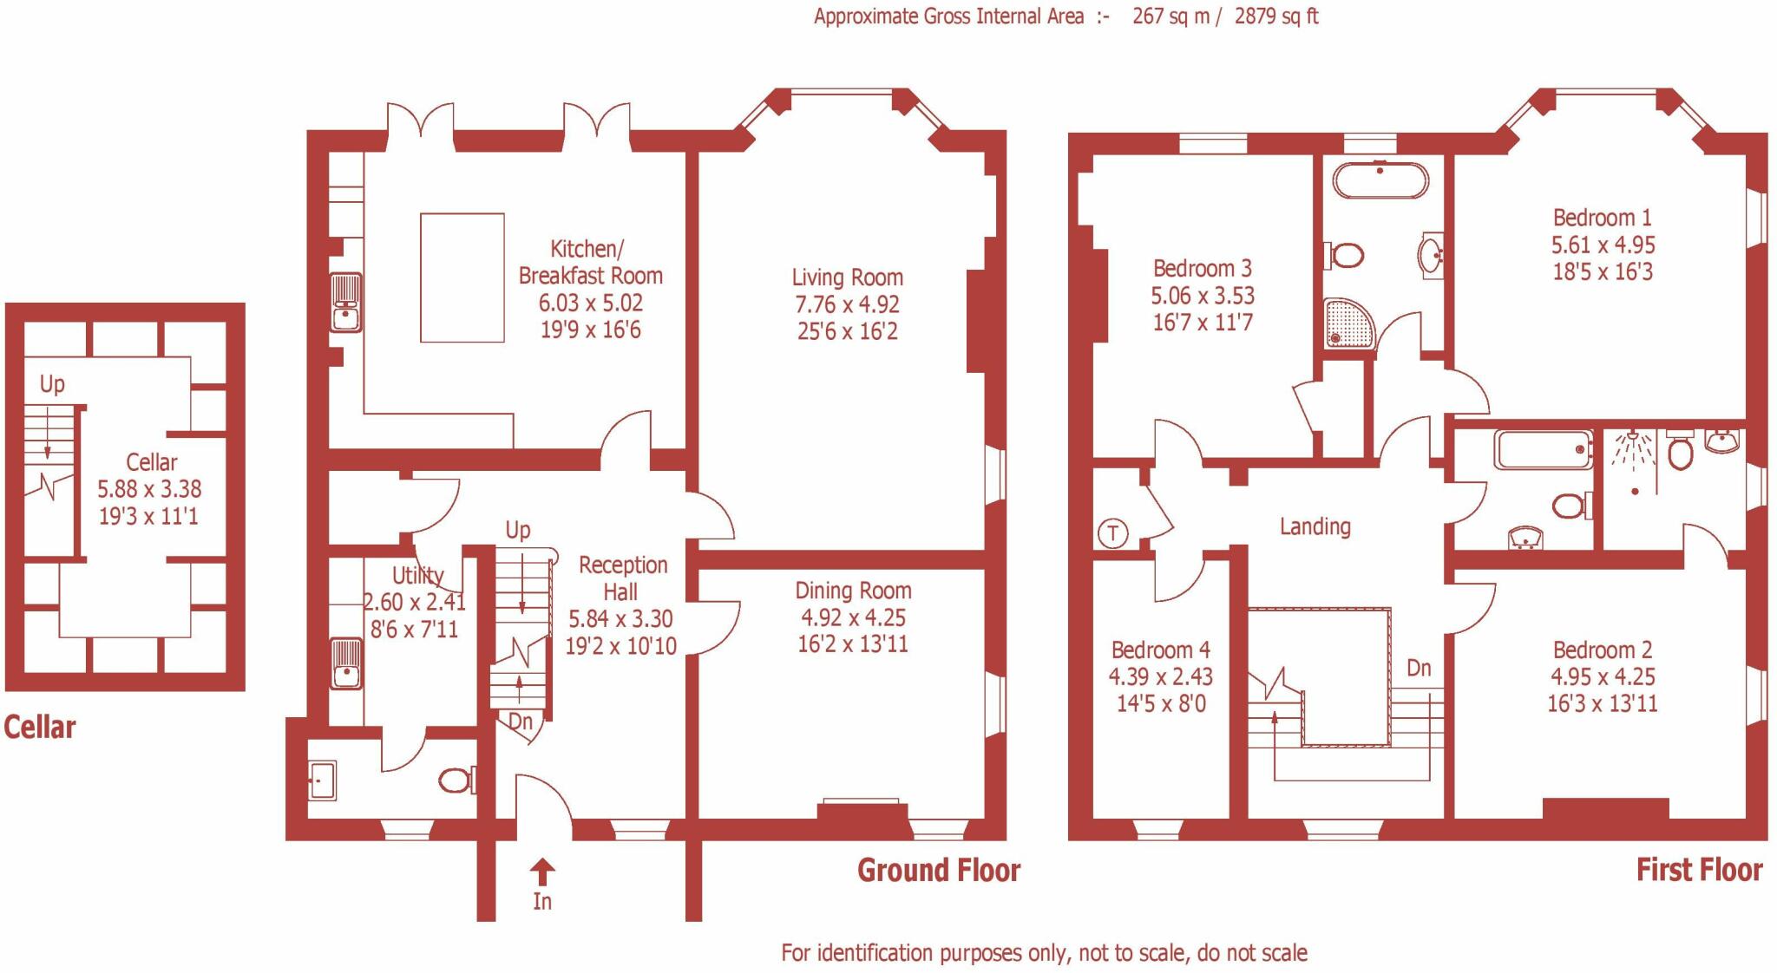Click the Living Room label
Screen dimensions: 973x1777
point(847,278)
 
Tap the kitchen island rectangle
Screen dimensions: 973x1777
point(462,278)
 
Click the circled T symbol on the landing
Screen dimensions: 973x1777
point(1113,532)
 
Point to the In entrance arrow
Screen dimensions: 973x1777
point(542,872)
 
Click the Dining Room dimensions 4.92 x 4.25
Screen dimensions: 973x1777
point(853,617)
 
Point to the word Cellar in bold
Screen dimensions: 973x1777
point(40,727)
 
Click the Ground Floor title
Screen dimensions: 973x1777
point(938,870)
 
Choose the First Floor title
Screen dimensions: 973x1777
point(1698,870)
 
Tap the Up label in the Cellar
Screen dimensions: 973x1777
point(52,384)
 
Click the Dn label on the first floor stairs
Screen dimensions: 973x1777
point(1419,668)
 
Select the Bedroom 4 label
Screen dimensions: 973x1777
point(1160,650)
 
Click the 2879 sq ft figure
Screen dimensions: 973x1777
point(1275,16)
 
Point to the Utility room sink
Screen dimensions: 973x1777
point(346,664)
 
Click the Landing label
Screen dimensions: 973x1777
point(1315,526)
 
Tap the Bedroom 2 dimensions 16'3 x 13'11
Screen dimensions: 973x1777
point(1602,703)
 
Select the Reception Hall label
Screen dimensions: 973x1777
point(622,578)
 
